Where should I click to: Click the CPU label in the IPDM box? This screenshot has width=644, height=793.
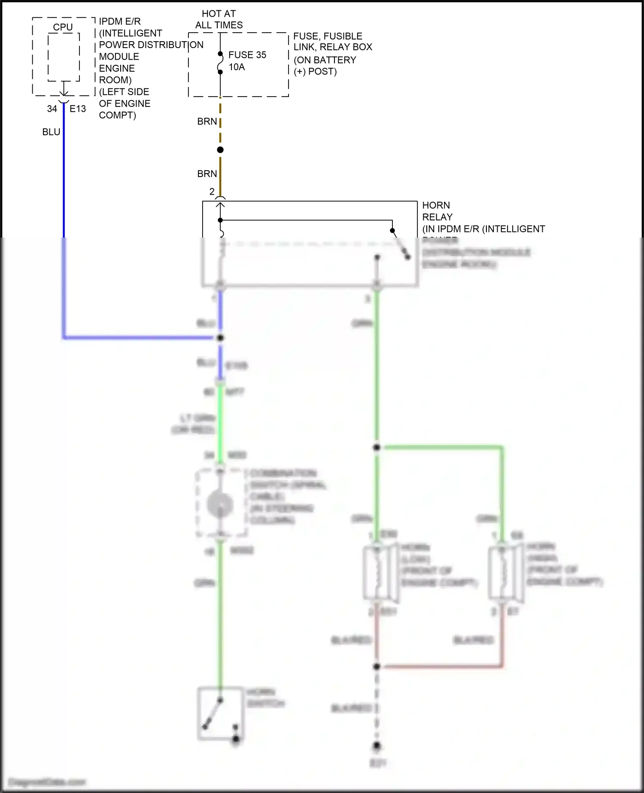point(63,27)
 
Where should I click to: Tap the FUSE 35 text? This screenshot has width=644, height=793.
point(247,55)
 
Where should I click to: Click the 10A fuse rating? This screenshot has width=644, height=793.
point(237,67)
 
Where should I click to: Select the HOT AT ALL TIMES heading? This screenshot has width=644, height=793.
point(219,19)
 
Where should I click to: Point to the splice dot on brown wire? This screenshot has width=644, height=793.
point(220,150)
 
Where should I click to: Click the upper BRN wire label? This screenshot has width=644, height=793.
point(207,122)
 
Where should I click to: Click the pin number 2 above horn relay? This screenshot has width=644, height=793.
point(212,192)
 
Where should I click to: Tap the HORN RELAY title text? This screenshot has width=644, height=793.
point(437,211)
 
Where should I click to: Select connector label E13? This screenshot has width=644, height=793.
point(78,109)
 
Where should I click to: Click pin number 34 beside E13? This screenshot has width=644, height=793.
point(52,109)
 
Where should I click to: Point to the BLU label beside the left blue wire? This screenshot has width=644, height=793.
point(51,132)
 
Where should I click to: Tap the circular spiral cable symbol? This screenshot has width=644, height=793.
point(220,504)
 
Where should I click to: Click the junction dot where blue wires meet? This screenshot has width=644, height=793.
point(220,338)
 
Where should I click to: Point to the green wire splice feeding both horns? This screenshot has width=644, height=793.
point(377,448)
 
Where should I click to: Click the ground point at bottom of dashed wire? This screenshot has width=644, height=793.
point(377,746)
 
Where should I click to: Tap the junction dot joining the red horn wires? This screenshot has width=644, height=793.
point(377,666)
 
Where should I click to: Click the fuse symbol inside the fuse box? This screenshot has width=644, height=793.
point(220,63)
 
